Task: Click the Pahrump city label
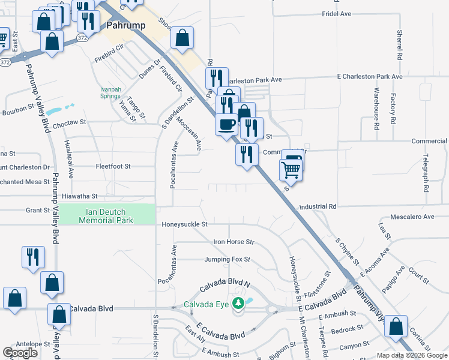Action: pos(127,26)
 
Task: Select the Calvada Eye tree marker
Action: pos(238,303)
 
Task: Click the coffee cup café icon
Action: pos(226,125)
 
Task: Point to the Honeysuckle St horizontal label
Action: pos(184,224)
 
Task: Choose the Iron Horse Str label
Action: pos(234,242)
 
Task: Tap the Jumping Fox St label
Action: pos(227,260)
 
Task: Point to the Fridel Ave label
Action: pos(336,13)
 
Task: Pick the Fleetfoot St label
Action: pos(113,166)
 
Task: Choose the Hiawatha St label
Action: pos(79,196)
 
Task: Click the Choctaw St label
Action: pos(70,122)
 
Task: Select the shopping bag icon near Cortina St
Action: pos(396,327)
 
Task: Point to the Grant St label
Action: pos(37,211)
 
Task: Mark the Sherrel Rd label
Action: pos(400,46)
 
